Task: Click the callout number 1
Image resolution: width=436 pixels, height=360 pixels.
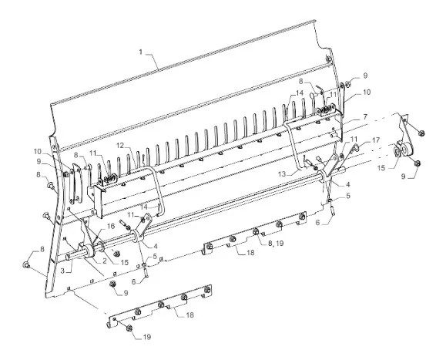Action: [x=141, y=52]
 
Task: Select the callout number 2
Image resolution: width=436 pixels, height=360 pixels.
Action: [x=104, y=261]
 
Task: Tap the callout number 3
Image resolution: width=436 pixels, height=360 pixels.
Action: [x=62, y=271]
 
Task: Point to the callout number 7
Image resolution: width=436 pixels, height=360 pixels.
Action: [x=365, y=116]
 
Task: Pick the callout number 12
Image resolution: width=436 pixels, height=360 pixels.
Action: [x=120, y=145]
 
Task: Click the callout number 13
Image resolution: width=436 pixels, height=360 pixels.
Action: [x=282, y=174]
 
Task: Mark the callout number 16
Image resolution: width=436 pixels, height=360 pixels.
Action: [x=111, y=226]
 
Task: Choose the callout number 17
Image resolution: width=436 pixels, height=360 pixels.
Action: [x=376, y=140]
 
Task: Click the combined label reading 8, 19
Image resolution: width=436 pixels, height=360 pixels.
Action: [x=276, y=243]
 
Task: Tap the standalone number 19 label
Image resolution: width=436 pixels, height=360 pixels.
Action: [x=147, y=337]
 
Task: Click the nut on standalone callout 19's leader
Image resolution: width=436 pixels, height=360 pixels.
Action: [x=129, y=328]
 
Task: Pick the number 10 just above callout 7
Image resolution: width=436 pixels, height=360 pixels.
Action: [x=367, y=92]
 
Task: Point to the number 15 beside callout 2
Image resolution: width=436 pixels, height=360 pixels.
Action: [x=124, y=262]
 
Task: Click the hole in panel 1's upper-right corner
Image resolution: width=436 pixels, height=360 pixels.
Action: [x=328, y=59]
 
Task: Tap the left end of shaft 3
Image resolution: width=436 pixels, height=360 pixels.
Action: [x=68, y=257]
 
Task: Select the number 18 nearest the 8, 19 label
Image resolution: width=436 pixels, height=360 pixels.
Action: [x=250, y=252]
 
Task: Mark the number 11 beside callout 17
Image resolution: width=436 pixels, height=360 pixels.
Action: [x=354, y=139]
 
